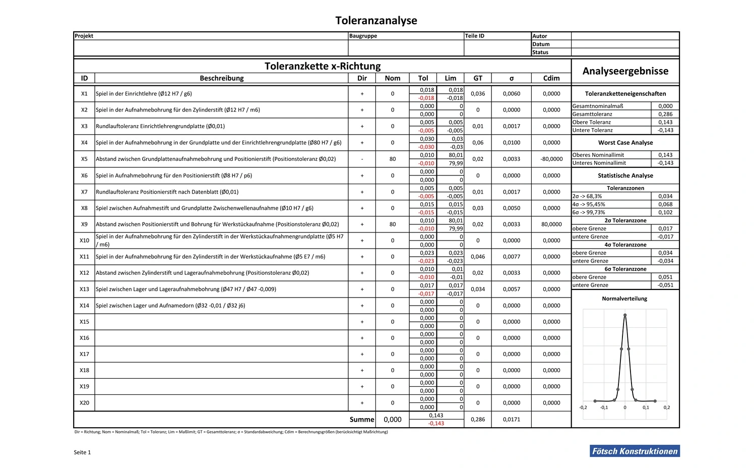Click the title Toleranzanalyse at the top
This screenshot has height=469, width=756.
pyautogui.click(x=376, y=21)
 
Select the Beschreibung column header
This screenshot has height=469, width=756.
pyautogui.click(x=221, y=78)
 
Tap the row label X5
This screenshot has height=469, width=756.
pyautogui.click(x=84, y=159)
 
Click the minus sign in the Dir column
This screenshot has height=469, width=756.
pyautogui.click(x=362, y=159)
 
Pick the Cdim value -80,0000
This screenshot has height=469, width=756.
pyautogui.click(x=551, y=159)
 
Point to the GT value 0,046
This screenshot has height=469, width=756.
pyautogui.click(x=478, y=257)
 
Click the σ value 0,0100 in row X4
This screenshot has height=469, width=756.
pyautogui.click(x=512, y=143)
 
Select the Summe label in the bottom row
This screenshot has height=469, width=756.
pyautogui.click(x=362, y=420)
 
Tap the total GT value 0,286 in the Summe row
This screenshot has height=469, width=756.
pyautogui.click(x=478, y=420)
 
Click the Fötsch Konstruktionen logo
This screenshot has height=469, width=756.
pyautogui.click(x=635, y=451)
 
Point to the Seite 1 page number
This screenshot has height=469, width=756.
pyautogui.click(x=82, y=452)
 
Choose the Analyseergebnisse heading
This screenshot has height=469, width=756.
pyautogui.click(x=625, y=71)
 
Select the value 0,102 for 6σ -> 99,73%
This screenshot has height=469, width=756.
pyautogui.click(x=665, y=212)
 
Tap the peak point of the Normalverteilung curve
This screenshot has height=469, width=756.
pyautogui.click(x=625, y=315)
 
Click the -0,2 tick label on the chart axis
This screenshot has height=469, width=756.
pyautogui.click(x=583, y=407)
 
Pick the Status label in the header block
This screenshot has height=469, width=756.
pyautogui.click(x=540, y=52)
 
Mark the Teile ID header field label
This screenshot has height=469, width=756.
pyautogui.click(x=475, y=36)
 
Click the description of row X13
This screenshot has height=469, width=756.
pyautogui.click(x=186, y=289)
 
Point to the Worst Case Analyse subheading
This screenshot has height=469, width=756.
pyautogui.click(x=625, y=143)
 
